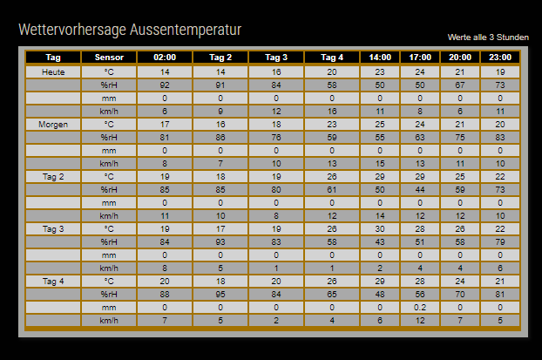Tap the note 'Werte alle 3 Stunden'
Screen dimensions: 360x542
pyautogui.click(x=488, y=37)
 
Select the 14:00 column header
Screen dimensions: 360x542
pyautogui.click(x=379, y=58)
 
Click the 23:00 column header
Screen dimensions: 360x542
pyautogui.click(x=500, y=58)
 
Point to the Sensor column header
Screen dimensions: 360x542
pyautogui.click(x=109, y=58)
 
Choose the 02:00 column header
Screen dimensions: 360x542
pyautogui.click(x=165, y=58)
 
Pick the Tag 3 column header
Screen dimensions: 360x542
pyautogui.click(x=276, y=58)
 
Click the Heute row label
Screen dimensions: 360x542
pyautogui.click(x=52, y=71)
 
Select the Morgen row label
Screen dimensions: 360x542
pyautogui.click(x=52, y=124)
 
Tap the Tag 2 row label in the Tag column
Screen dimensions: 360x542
pyautogui.click(x=52, y=176)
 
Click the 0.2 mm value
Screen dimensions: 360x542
pyautogui.click(x=419, y=307)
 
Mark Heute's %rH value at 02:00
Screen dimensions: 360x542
pyautogui.click(x=165, y=85)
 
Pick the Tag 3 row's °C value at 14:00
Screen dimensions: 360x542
pyautogui.click(x=379, y=228)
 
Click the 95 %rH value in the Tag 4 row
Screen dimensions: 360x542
pyautogui.click(x=220, y=294)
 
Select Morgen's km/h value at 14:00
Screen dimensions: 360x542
pyautogui.click(x=379, y=163)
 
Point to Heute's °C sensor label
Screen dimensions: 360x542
pyautogui.click(x=109, y=71)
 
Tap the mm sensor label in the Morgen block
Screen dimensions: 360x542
pyautogui.click(x=109, y=150)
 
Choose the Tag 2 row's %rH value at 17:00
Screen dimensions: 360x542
pyautogui.click(x=419, y=189)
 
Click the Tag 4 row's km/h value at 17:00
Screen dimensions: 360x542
pyautogui.click(x=419, y=320)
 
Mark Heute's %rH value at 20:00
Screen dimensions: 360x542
pyautogui.click(x=460, y=85)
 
